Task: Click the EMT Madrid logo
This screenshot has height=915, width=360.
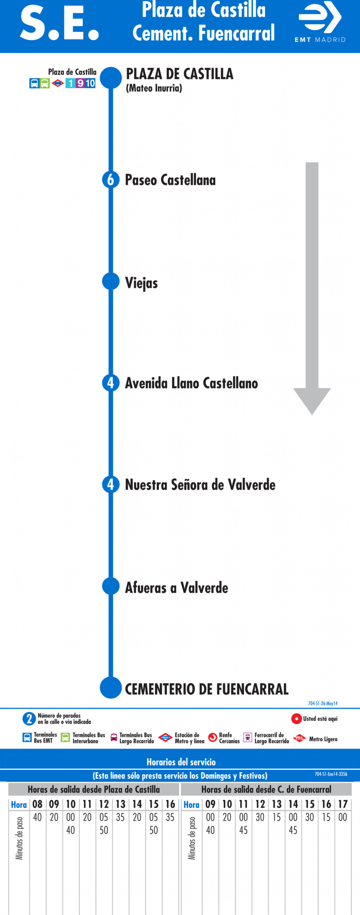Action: [320, 22]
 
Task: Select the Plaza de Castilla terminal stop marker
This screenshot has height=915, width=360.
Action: [111, 78]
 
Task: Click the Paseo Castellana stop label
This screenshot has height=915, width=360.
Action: [170, 180]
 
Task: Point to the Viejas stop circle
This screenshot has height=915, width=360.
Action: [111, 281]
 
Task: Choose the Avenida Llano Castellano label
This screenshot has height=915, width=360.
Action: [191, 383]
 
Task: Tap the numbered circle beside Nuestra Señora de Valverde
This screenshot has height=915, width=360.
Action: [111, 484]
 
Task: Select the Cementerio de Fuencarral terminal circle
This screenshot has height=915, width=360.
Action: [111, 688]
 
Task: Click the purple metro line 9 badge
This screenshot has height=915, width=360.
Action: [80, 83]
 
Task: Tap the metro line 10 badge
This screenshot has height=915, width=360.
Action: [90, 83]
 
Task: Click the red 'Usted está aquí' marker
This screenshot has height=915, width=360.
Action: [296, 719]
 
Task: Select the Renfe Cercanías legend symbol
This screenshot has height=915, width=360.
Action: [212, 737]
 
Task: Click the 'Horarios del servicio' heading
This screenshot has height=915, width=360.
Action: [181, 762]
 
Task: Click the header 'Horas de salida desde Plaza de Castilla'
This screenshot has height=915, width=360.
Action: [94, 789]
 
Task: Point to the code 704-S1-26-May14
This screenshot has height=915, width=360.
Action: [323, 703]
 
